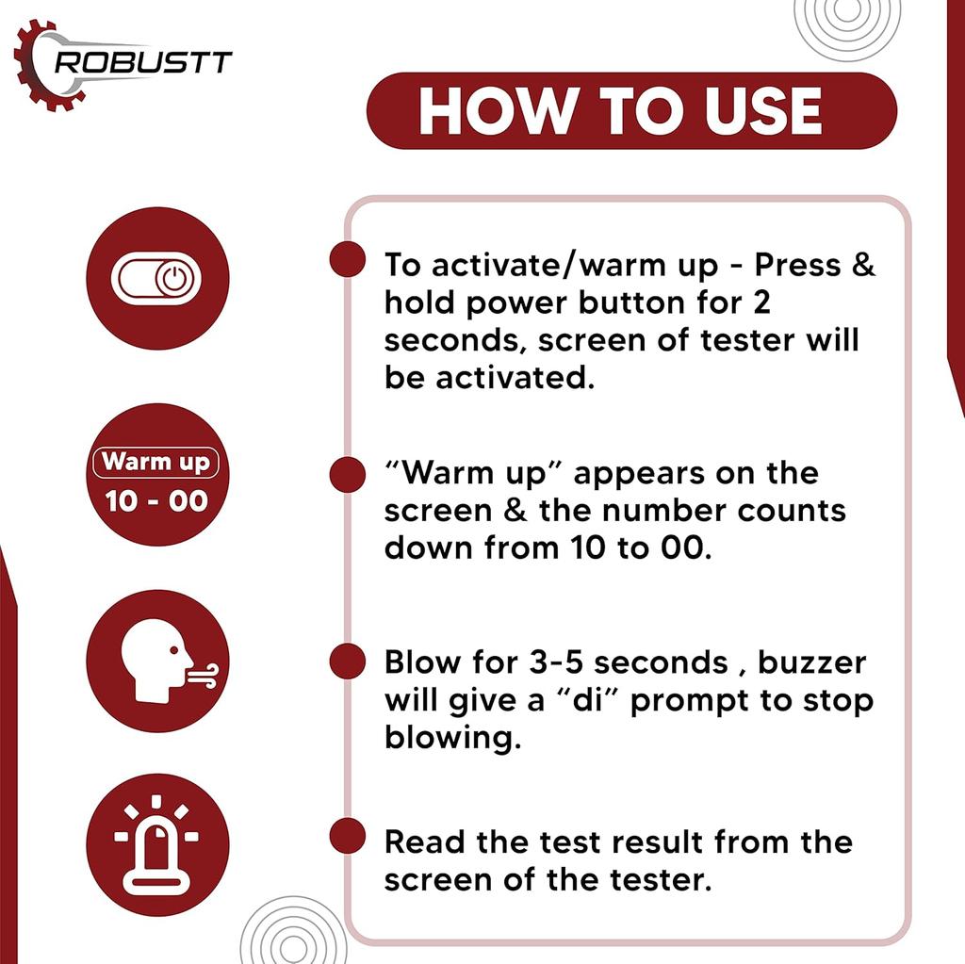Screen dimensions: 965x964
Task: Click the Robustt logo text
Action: tap(143, 62)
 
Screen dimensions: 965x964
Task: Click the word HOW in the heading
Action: tap(496, 111)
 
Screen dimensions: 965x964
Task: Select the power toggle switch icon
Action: tap(156, 278)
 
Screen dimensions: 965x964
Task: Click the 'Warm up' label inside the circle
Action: tap(155, 462)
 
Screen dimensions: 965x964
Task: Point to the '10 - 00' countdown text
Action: tap(156, 501)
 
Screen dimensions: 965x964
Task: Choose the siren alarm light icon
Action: tap(156, 844)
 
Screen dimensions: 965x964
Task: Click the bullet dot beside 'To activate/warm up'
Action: tap(348, 259)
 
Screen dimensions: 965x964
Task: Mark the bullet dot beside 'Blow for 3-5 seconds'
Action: tap(348, 662)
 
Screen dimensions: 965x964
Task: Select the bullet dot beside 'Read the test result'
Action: tap(348, 835)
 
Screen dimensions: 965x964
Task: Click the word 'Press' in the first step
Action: tap(797, 266)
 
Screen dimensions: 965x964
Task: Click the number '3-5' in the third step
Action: tap(556, 663)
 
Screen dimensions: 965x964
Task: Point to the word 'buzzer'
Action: tap(811, 663)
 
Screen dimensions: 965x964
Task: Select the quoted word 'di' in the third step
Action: tap(586, 700)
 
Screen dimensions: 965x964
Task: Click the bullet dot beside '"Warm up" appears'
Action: tap(348, 475)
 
